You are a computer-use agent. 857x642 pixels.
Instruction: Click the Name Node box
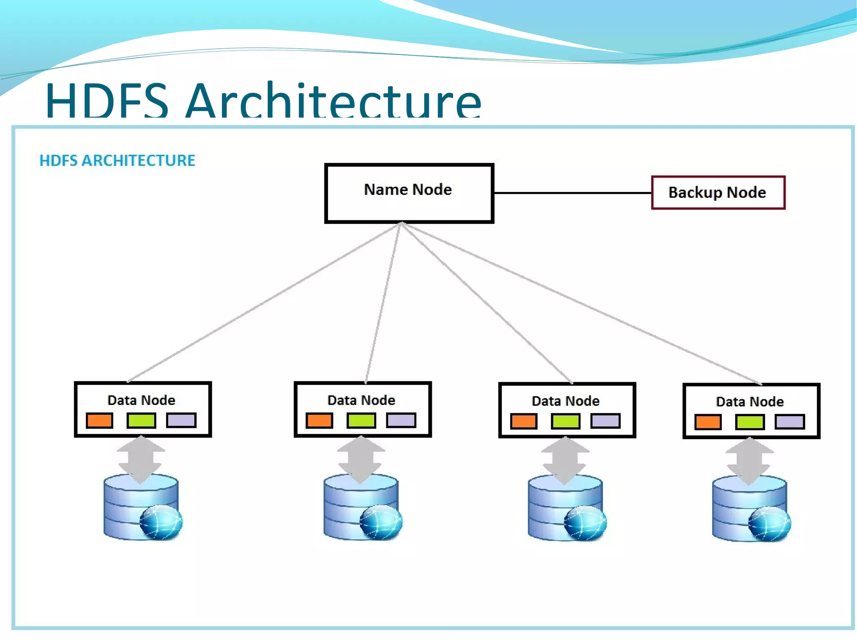tap(409, 193)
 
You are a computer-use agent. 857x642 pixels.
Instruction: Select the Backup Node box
tap(718, 192)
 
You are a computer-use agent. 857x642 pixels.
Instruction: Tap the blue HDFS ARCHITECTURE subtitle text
tap(117, 161)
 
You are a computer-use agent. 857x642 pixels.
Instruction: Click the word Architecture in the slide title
tap(334, 101)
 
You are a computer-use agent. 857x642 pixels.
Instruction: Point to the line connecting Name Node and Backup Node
tap(572, 193)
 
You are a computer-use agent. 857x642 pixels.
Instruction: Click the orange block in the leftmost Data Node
tap(100, 420)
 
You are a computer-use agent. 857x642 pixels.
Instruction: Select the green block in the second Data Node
tap(361, 420)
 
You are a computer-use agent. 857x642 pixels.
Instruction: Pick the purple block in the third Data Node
tap(605, 421)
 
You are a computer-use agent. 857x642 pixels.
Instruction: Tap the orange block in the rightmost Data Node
tap(708, 422)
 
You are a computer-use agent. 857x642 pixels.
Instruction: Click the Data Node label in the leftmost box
tap(141, 400)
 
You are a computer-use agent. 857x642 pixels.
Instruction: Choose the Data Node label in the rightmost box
tap(749, 402)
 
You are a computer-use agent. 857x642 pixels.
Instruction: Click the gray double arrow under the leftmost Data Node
tap(141, 459)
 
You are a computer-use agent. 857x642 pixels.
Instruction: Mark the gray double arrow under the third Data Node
tap(565, 460)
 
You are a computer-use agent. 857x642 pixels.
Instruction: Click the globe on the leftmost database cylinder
tap(161, 522)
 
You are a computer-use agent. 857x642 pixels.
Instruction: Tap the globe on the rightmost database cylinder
tap(769, 523)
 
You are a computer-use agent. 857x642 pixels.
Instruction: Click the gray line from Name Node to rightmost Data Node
tap(582, 303)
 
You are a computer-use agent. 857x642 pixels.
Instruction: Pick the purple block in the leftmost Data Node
tap(181, 420)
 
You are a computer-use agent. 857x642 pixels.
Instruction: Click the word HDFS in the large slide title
tap(107, 101)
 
